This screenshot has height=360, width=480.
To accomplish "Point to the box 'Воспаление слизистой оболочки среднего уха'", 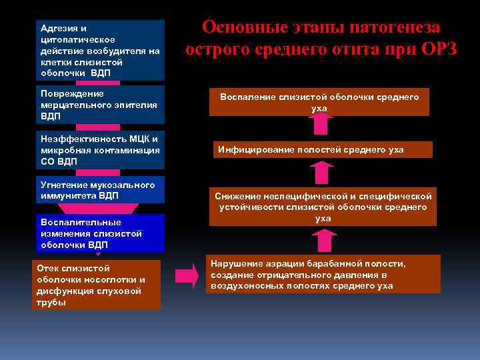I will click(319, 102).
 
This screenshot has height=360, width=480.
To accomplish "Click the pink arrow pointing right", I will click(187, 275).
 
